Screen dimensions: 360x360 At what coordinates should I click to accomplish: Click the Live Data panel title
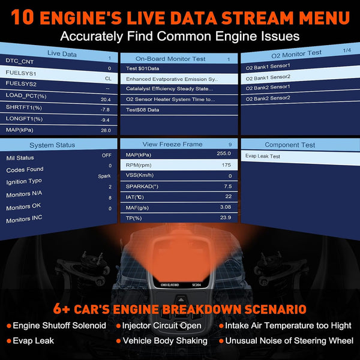pyautogui.click(x=62, y=54)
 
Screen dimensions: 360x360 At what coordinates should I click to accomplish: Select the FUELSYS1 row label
pyautogui.click(x=21, y=73)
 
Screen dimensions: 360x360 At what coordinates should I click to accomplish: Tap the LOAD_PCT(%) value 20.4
pyautogui.click(x=106, y=100)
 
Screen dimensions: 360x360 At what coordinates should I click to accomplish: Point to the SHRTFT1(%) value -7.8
pyautogui.click(x=105, y=110)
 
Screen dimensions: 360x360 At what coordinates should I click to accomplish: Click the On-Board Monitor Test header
pyautogui.click(x=170, y=59)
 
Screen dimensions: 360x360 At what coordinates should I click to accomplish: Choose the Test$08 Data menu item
pyautogui.click(x=143, y=110)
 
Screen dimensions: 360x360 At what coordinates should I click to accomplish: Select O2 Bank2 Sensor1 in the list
pyautogui.click(x=268, y=88)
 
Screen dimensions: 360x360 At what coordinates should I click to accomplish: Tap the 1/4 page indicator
pyautogui.click(x=347, y=50)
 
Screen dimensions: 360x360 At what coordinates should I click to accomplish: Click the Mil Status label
pyautogui.click(x=20, y=158)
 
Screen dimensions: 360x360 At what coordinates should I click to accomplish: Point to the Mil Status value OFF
pyautogui.click(x=107, y=155)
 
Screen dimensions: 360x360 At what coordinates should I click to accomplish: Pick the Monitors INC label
pyautogui.click(x=24, y=219)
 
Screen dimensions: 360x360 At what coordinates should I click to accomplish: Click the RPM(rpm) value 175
pyautogui.click(x=226, y=165)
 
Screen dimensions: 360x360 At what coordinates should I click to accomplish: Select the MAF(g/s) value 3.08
pyautogui.click(x=226, y=207)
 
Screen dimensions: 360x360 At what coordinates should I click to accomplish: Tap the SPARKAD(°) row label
pyautogui.click(x=142, y=186)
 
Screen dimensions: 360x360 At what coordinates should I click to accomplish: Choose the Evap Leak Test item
pyautogui.click(x=263, y=156)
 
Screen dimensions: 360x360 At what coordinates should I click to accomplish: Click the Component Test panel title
pyautogui.click(x=290, y=145)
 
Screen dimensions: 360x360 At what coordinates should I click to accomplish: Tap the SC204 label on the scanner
pyautogui.click(x=197, y=285)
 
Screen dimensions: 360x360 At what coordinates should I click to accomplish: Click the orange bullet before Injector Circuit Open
pyautogui.click(x=118, y=326)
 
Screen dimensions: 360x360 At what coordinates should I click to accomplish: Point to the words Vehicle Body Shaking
pyautogui.click(x=165, y=341)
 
